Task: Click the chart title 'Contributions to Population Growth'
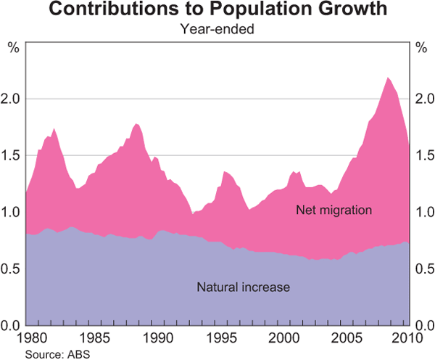pyautogui.click(x=217, y=12)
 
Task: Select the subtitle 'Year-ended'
pyautogui.click(x=217, y=30)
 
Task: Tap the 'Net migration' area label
pyautogui.click(x=333, y=210)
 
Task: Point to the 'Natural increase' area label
pyautogui.click(x=243, y=287)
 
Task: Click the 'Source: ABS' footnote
pyautogui.click(x=55, y=353)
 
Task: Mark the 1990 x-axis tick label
pyautogui.click(x=154, y=338)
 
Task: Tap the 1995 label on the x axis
pyautogui.click(x=218, y=338)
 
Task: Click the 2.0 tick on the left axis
pyautogui.click(x=13, y=99)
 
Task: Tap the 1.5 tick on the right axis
pyautogui.click(x=422, y=155)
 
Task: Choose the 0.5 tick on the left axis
pyautogui.click(x=13, y=269)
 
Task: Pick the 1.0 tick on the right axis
pyautogui.click(x=422, y=212)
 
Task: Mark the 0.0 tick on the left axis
pyautogui.click(x=13, y=324)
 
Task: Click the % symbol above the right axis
pyautogui.click(x=422, y=49)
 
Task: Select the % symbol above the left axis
pyautogui.click(x=12, y=49)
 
